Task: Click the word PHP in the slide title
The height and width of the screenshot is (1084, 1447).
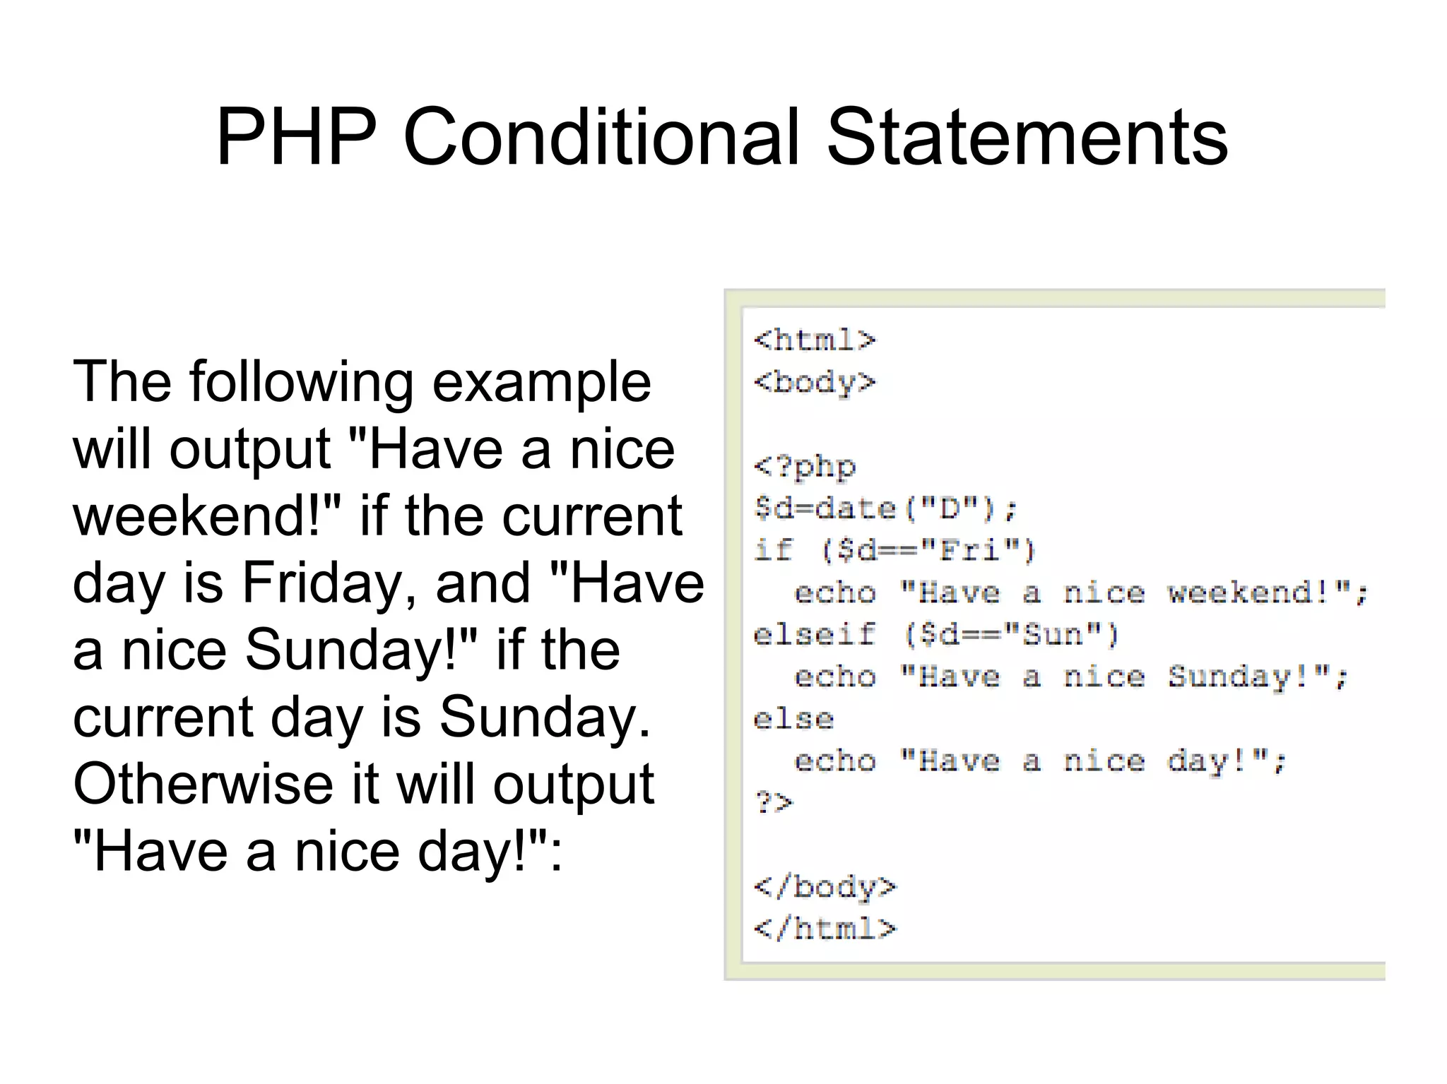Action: [296, 137]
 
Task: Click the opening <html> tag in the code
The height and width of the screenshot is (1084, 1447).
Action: [815, 340]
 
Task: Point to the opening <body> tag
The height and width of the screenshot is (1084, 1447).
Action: [815, 383]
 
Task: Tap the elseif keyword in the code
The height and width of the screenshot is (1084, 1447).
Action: [815, 635]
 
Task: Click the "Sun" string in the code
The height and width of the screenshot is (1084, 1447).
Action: [1053, 635]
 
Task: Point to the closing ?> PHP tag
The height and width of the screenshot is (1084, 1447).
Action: [774, 803]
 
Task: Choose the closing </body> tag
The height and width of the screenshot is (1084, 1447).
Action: [825, 887]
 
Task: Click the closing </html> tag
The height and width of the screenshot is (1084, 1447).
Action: [825, 929]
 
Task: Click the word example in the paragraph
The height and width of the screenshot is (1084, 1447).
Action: [541, 383]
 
